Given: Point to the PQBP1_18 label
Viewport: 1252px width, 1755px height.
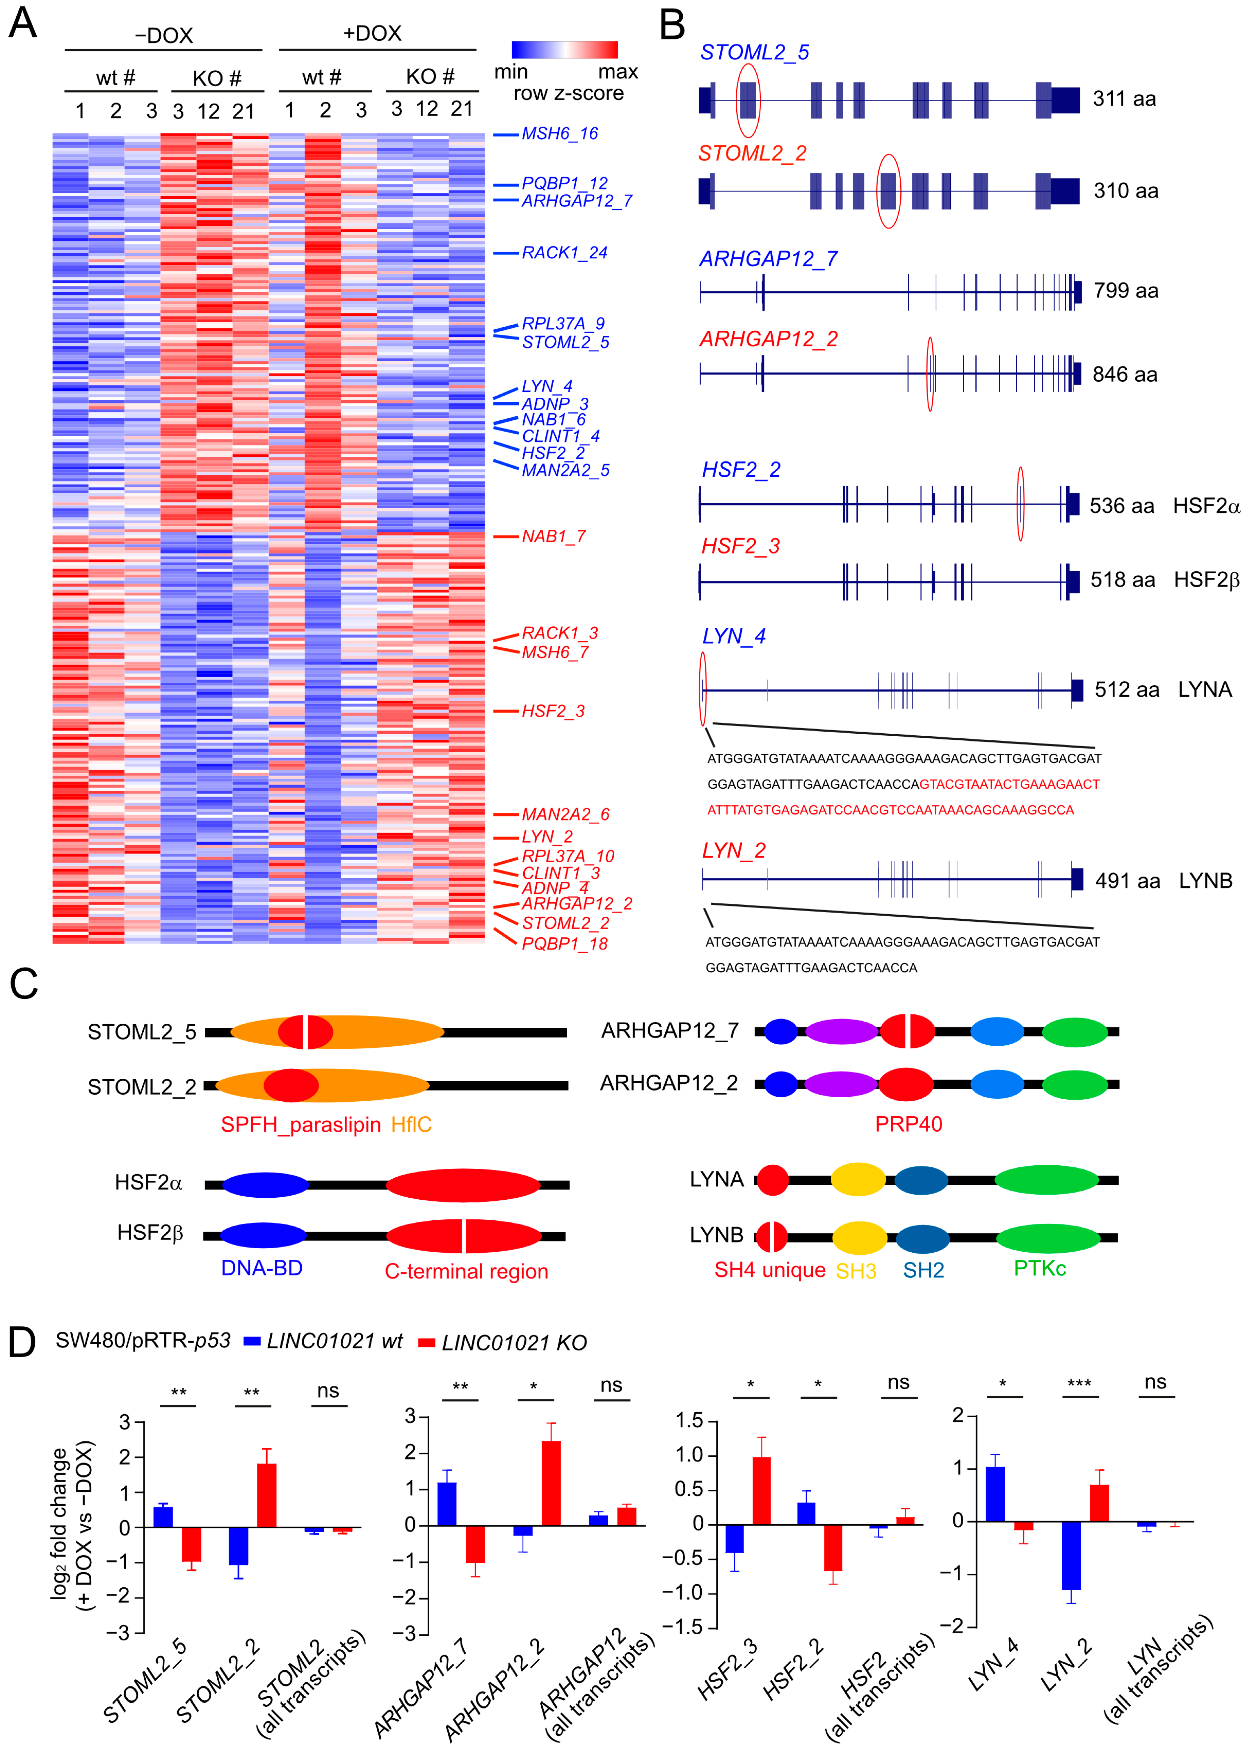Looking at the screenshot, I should click(x=564, y=943).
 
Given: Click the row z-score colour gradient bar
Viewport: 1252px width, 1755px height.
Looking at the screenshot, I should click(x=564, y=50).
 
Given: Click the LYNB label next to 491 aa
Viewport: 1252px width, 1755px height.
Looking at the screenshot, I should click(x=1205, y=881).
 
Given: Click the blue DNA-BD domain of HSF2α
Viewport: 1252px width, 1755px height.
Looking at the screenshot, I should click(x=265, y=1185).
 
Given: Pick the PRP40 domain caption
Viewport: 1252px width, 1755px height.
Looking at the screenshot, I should click(x=908, y=1125).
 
